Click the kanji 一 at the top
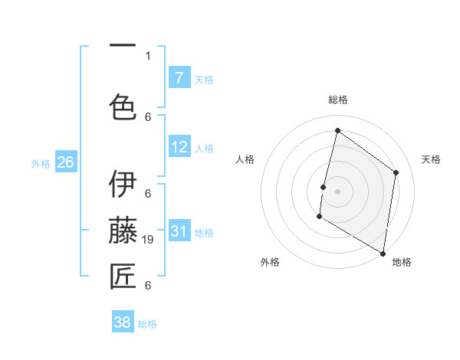pos(123,46)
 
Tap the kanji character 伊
pos(123,184)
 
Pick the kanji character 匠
pos(123,277)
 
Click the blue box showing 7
pos(179,77)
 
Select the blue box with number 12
pos(179,146)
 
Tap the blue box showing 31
pos(179,231)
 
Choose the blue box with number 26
pos(65,162)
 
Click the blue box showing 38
pos(123,322)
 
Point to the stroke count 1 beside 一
pos(148,55)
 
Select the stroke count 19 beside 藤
pos(150,240)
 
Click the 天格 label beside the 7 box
pos(204,79)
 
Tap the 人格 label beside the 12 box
pos(204,148)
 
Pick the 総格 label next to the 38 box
pos(147,324)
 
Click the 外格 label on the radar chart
pos(270,262)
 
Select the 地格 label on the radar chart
pos(402,262)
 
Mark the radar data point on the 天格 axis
pos(396,172)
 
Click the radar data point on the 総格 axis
pos(337,130)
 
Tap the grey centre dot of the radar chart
pos(337,191)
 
